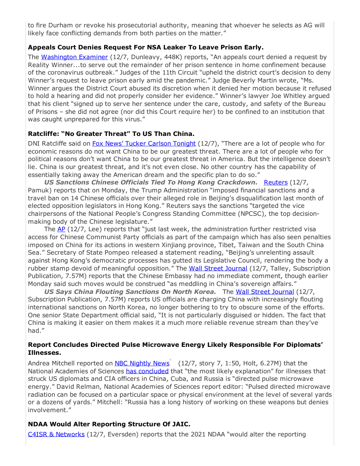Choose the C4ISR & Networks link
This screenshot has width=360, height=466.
56,434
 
